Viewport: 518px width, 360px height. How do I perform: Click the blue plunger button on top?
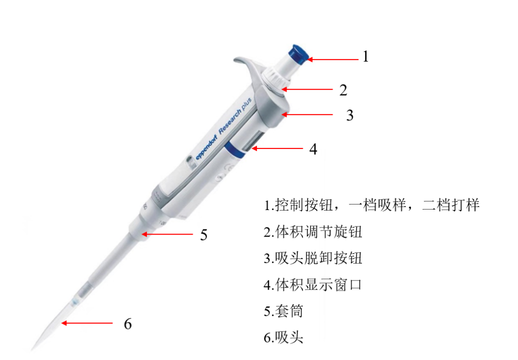(x=298, y=54)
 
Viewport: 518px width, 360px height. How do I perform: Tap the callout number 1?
(x=365, y=56)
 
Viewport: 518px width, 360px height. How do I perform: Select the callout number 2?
(x=343, y=90)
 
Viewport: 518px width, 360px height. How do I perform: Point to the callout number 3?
(x=350, y=115)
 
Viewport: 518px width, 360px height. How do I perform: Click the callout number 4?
(x=313, y=149)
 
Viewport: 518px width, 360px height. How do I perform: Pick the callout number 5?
(x=203, y=235)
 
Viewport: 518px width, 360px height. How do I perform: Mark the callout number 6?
(x=128, y=324)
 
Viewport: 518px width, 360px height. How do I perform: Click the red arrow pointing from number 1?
(x=333, y=59)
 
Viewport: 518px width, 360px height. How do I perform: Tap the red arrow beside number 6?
(x=87, y=323)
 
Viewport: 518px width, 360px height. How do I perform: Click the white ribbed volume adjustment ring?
(x=276, y=78)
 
